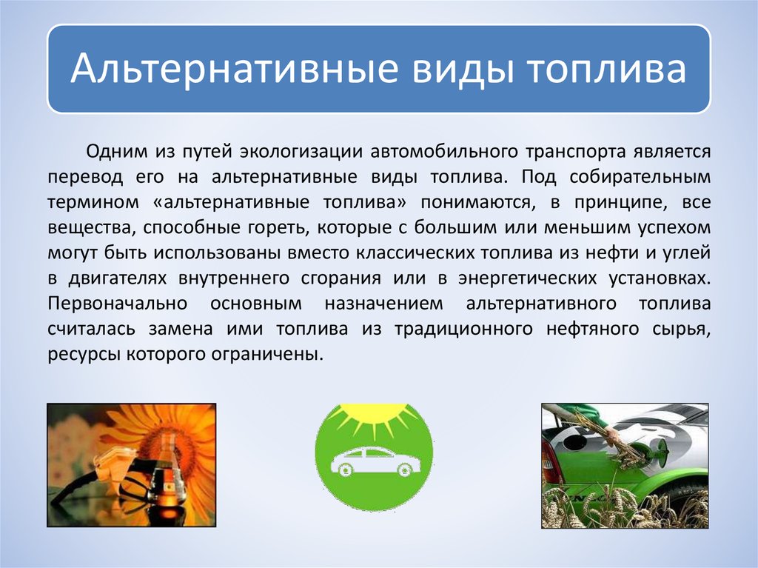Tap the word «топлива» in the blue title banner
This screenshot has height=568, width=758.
pos(606,68)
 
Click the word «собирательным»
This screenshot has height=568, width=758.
pos(640,178)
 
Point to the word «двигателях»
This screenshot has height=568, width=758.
pos(118,279)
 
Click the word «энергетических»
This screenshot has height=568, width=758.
pos(526,279)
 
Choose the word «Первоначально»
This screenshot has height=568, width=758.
pos(118,304)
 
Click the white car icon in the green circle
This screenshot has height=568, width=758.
pos(375,461)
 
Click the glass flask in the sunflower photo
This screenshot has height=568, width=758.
pos(169,473)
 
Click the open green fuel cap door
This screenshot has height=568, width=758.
pos(655,458)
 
